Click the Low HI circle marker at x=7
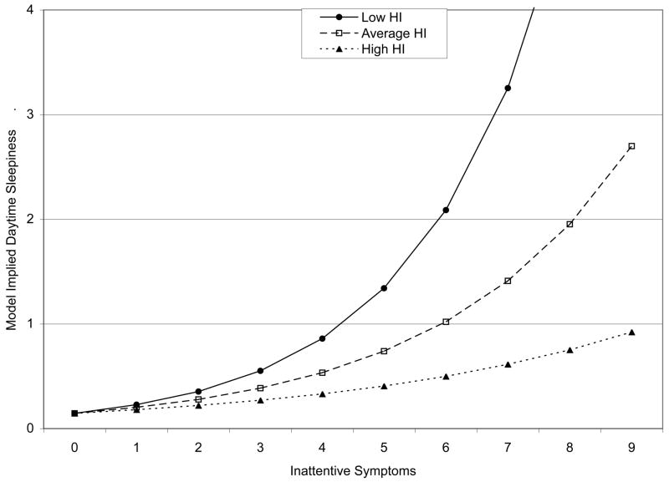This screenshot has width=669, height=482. (x=508, y=88)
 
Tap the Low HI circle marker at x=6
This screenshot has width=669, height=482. (x=446, y=210)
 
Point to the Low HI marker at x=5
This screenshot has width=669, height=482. (x=384, y=288)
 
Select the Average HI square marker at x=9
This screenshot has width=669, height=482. (x=631, y=146)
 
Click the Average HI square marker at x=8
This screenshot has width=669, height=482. (x=569, y=224)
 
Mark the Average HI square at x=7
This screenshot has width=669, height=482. (x=508, y=281)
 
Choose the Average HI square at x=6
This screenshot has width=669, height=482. (x=446, y=322)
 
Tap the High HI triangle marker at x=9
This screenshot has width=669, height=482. (x=631, y=332)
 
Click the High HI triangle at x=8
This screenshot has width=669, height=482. (x=569, y=350)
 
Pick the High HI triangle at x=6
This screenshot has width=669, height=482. (x=446, y=376)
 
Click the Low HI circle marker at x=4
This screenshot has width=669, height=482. (x=322, y=338)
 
